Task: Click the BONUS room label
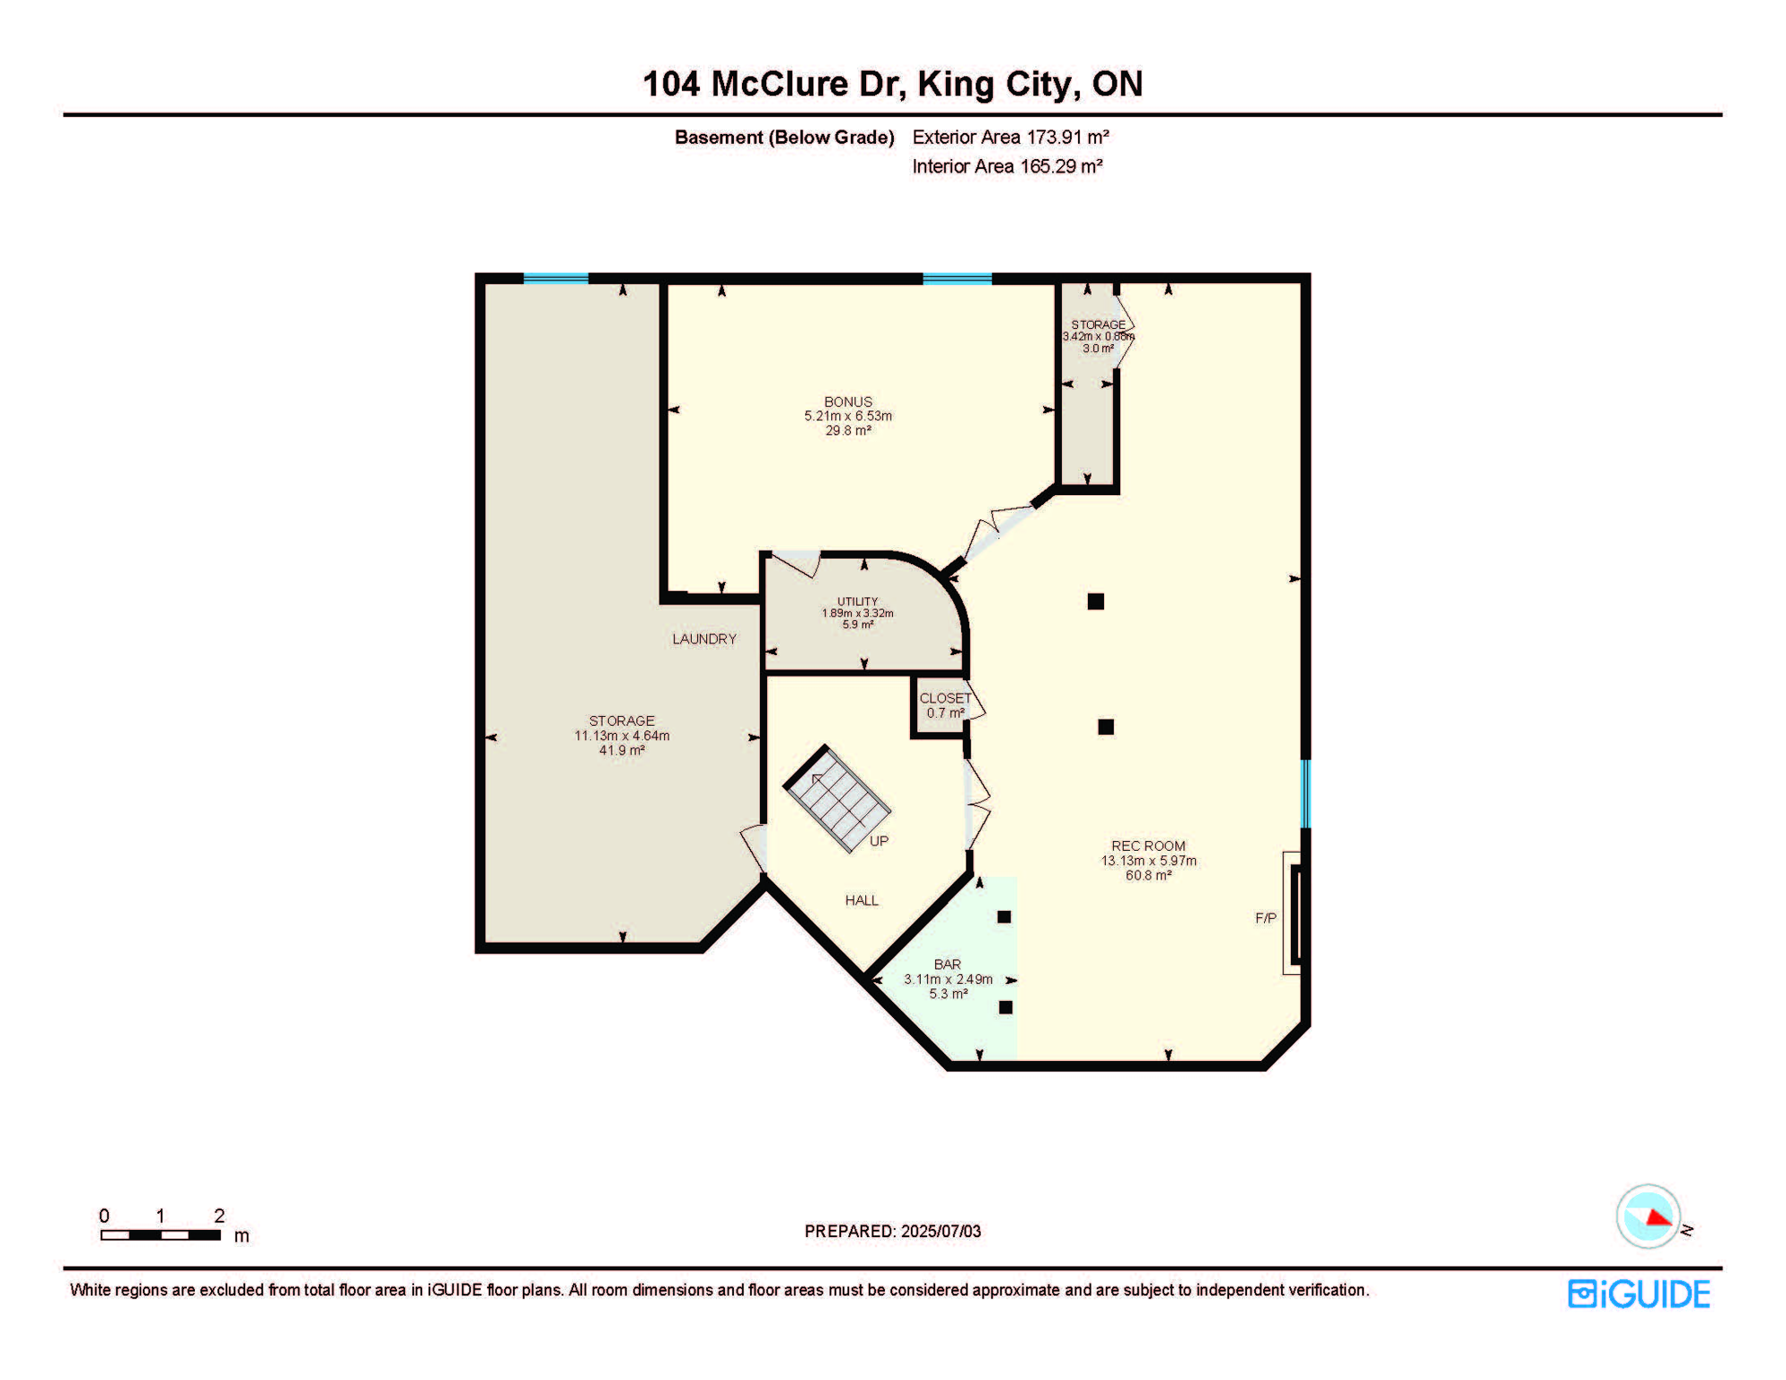point(847,402)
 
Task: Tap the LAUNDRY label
point(704,639)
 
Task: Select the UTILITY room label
point(857,602)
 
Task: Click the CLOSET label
point(944,698)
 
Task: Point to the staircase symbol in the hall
point(837,799)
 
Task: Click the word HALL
point(861,900)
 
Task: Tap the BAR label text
point(947,964)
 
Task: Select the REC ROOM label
point(1148,845)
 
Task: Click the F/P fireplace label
point(1265,918)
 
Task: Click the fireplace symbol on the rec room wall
point(1295,913)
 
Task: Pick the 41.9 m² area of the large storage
point(622,750)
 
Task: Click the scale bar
point(161,1234)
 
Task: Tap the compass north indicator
point(1649,1216)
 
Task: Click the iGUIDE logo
point(1639,1294)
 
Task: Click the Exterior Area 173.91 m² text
point(1010,137)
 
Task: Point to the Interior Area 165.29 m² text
point(1006,166)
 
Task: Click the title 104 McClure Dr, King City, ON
point(892,84)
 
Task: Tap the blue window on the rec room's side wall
point(1305,793)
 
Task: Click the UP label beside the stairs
point(879,841)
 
